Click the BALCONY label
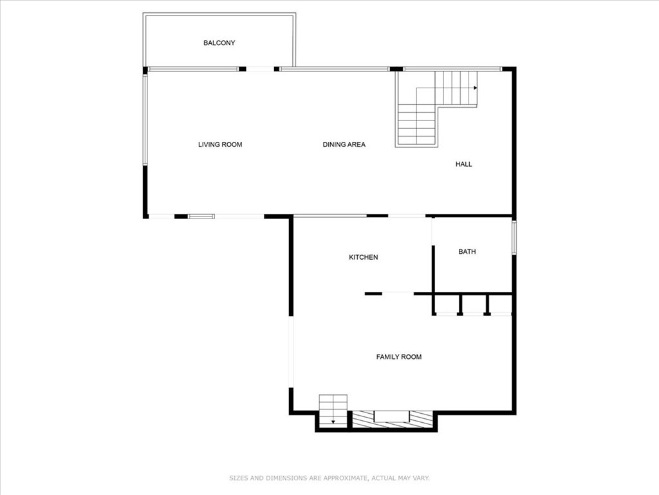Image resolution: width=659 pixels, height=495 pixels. (219, 43)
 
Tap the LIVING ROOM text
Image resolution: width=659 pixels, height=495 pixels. (220, 144)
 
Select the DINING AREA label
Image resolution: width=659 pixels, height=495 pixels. (344, 144)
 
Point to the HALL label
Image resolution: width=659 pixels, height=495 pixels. (463, 164)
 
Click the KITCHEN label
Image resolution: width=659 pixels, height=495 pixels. (363, 257)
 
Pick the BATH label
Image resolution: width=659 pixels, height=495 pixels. (467, 252)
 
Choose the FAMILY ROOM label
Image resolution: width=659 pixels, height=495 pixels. (399, 357)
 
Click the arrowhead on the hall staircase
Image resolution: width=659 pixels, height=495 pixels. (476, 88)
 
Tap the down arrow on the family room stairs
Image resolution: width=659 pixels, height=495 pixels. (333, 422)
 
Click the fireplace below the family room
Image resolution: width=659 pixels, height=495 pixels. (392, 420)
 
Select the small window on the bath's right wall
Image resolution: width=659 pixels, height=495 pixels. (514, 237)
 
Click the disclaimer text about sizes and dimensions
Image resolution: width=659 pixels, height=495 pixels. (329, 478)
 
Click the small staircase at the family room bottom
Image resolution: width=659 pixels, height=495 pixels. (333, 411)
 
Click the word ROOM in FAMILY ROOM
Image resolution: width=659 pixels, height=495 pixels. (411, 357)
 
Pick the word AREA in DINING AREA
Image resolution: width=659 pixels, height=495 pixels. (356, 144)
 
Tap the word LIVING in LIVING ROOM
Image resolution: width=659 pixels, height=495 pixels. (209, 144)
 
